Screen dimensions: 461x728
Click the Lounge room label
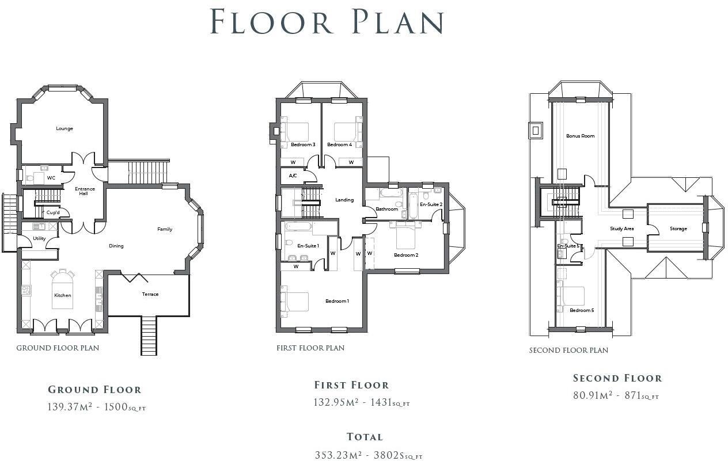pos(65,128)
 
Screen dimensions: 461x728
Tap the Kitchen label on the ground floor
pos(63,295)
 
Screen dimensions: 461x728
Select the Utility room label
pos(39,238)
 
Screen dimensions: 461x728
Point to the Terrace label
pos(150,294)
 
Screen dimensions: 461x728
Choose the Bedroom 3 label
pos(303,144)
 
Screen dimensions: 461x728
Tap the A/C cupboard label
pos(293,176)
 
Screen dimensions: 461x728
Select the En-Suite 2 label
pos(431,204)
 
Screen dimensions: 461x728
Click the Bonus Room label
pos(580,136)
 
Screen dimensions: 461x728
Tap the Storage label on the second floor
pos(678,228)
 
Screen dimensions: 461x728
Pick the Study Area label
pos(621,228)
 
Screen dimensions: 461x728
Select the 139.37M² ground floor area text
pos(70,407)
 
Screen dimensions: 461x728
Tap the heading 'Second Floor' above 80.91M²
pos(617,378)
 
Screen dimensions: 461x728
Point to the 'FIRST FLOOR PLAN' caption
pos(310,348)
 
